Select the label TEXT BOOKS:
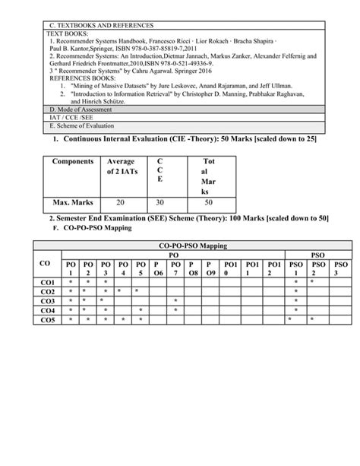(68, 35)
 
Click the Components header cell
(73, 162)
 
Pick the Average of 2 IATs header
(121, 167)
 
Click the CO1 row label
(48, 281)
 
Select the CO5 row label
(48, 319)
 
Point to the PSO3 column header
(341, 268)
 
